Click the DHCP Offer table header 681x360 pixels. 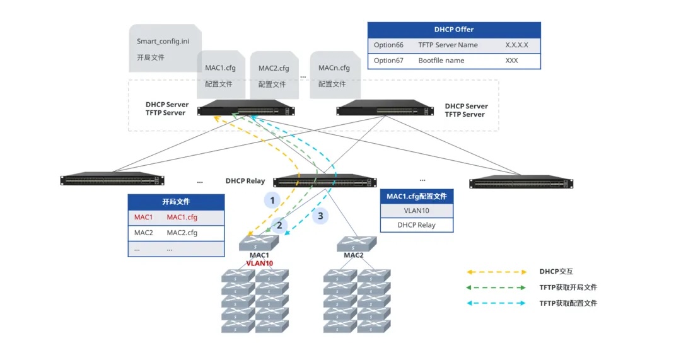click(454, 30)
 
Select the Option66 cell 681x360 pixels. click(388, 45)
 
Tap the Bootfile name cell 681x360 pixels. click(441, 61)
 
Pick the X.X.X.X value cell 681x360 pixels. click(516, 45)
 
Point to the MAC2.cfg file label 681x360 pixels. click(274, 68)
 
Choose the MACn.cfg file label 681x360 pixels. click(334, 68)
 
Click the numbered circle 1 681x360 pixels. click(272, 200)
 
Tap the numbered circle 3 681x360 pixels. click(320, 216)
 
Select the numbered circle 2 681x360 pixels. click(279, 225)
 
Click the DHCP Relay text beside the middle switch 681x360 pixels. click(245, 181)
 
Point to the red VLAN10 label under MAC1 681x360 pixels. click(259, 263)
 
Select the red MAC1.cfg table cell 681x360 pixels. click(182, 218)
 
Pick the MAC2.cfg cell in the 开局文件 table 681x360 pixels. click(182, 233)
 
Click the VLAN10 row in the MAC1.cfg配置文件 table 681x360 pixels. click(416, 211)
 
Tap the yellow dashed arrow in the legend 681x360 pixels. click(496, 272)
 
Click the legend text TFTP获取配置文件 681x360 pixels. click(568, 303)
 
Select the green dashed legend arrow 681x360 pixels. click(496, 287)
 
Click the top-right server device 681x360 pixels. click(385, 108)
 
